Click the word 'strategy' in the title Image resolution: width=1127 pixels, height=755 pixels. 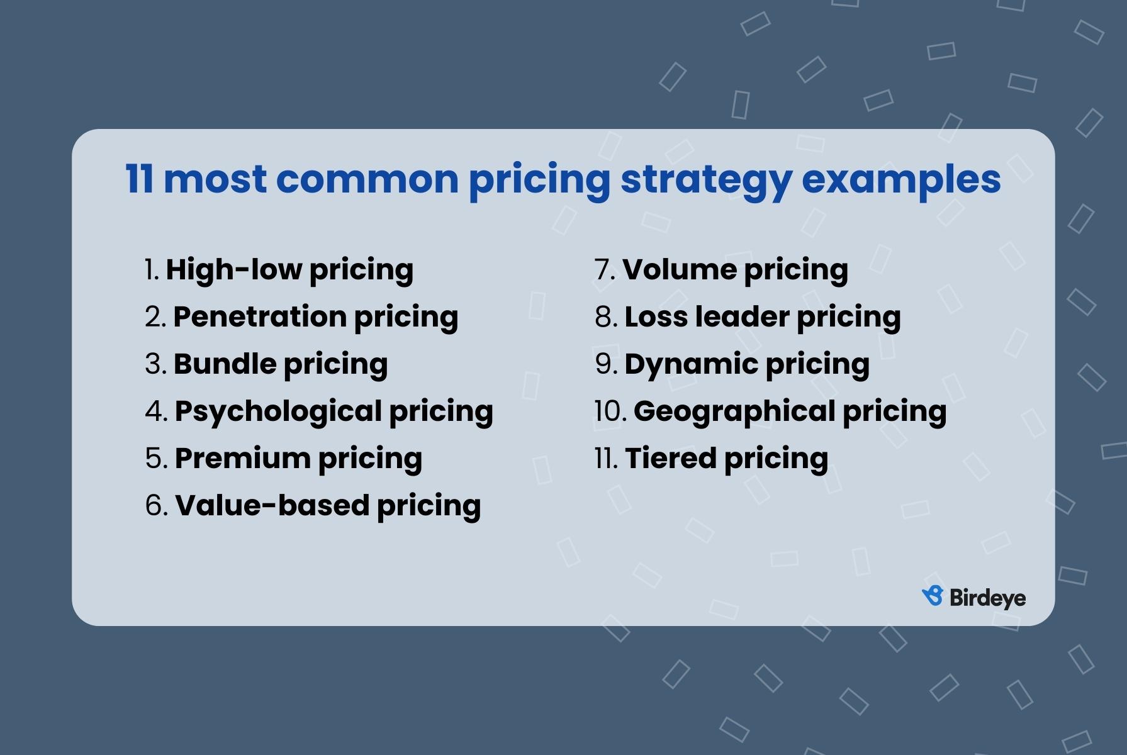click(705, 179)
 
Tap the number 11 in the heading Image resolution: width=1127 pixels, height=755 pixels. click(139, 179)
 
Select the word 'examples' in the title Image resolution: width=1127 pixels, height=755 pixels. click(900, 179)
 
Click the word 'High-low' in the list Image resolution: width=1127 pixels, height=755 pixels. click(233, 269)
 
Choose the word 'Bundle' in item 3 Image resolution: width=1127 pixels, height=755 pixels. click(225, 364)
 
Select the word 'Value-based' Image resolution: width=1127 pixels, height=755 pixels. click(272, 505)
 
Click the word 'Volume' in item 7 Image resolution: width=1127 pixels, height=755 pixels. click(680, 269)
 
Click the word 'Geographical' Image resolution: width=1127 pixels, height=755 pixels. click(734, 411)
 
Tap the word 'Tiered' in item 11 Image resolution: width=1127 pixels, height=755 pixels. click(670, 458)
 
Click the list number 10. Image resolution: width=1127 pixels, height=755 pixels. click(610, 411)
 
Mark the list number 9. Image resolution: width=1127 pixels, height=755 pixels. click(605, 364)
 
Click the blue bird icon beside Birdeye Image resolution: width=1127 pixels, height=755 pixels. click(933, 596)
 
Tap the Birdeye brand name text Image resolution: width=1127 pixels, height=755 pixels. click(987, 598)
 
